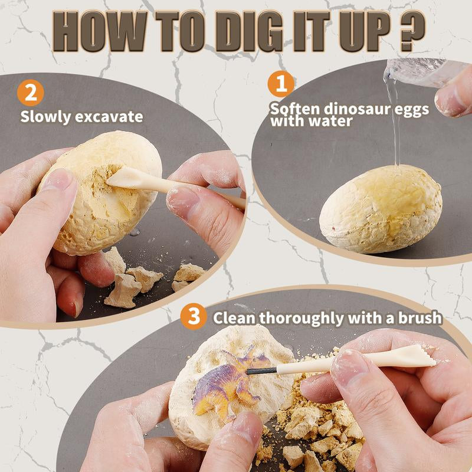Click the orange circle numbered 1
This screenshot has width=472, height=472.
[281, 84]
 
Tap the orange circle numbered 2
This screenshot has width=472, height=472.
[30, 93]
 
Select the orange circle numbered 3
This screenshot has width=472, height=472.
[194, 317]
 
